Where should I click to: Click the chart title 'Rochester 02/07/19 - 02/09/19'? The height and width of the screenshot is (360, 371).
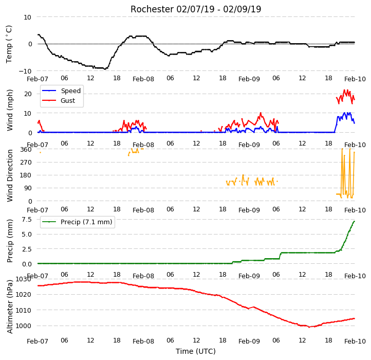196,9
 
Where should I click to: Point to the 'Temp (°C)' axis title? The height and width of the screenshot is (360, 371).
9,44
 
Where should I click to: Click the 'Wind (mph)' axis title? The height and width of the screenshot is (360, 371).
10,110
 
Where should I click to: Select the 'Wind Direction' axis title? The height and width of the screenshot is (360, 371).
10,175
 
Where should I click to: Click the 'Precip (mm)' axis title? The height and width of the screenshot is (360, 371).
10,241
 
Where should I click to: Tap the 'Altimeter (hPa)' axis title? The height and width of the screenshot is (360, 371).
10,307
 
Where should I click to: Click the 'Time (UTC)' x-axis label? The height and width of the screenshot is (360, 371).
196,351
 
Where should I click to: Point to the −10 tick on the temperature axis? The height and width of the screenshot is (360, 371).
25,71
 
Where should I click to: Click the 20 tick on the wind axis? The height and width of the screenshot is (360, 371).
28,94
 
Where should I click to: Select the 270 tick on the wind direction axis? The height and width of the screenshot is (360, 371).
26,163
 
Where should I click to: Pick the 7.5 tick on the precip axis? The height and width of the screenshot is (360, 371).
27,220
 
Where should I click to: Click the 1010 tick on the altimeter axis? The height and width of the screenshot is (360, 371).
24,310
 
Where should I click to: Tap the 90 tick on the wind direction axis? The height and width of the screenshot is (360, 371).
28,188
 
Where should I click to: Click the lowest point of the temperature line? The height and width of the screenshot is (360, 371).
105,69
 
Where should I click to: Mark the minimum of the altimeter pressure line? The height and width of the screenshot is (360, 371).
309,327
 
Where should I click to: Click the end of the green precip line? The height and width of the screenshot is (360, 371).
355,221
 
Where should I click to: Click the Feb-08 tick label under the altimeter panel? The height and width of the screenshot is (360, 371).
143,341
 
